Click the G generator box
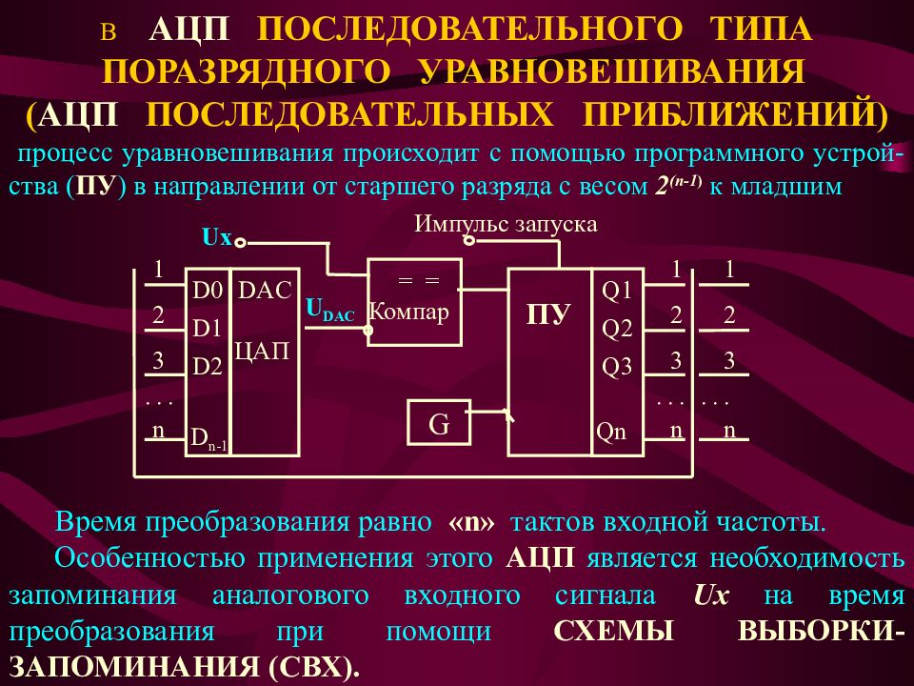(439, 423)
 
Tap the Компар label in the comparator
(408, 312)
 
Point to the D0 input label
(207, 291)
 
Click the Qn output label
(611, 432)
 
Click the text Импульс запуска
(506, 224)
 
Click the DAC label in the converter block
(266, 291)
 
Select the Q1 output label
(617, 290)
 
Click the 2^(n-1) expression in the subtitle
(677, 187)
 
